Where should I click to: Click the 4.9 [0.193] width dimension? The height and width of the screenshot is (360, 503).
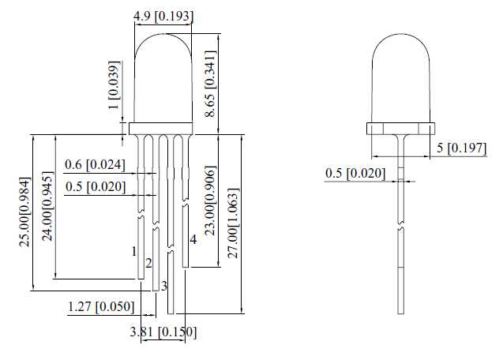click(x=164, y=16)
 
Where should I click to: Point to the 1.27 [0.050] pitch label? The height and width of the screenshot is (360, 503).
click(x=101, y=306)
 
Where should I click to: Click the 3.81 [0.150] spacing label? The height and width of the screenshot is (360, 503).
click(x=163, y=332)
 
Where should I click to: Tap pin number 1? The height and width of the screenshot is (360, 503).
click(x=134, y=251)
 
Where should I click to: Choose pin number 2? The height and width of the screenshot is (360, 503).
click(x=148, y=262)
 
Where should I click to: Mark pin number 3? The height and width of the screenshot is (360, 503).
click(x=164, y=285)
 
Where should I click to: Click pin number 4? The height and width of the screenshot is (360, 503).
click(x=193, y=240)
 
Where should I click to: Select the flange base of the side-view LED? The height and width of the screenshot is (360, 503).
click(x=401, y=127)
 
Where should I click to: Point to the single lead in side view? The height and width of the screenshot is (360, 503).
click(x=401, y=237)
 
